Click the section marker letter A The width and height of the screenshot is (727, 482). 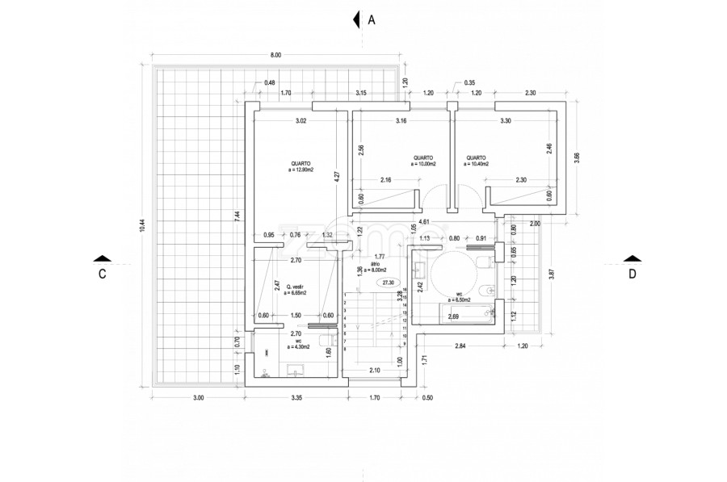click(372, 20)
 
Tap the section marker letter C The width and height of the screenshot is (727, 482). click(102, 274)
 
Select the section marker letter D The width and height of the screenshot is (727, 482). click(632, 273)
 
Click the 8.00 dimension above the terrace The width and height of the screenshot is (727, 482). click(275, 56)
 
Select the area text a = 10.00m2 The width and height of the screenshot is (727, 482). click(423, 164)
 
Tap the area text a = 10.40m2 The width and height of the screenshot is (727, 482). click(476, 164)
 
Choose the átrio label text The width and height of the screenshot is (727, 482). click(375, 264)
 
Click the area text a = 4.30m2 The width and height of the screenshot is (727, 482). click(298, 348)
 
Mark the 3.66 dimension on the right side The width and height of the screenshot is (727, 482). click(575, 158)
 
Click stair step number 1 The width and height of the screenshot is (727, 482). click(345, 295)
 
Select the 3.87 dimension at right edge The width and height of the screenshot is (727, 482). click(552, 274)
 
